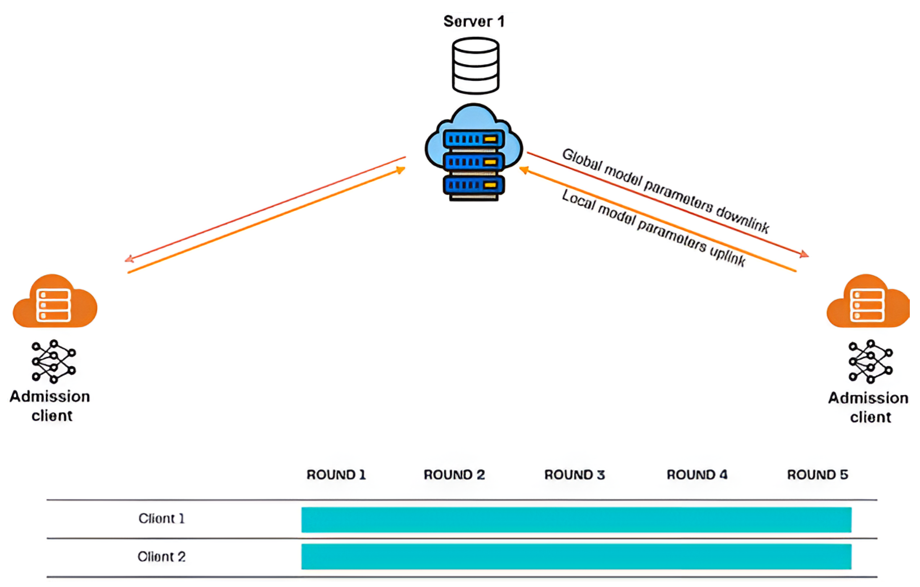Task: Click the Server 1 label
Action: click(474, 21)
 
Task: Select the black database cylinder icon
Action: click(475, 66)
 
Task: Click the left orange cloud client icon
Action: click(55, 302)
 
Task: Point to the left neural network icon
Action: click(53, 362)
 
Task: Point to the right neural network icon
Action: click(870, 362)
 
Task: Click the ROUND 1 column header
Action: click(336, 475)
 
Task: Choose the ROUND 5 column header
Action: click(817, 475)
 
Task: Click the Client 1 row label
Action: click(162, 519)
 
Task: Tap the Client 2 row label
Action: click(162, 557)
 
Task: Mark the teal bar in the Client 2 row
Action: click(576, 557)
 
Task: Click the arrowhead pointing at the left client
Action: click(129, 259)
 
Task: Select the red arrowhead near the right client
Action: click(804, 254)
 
